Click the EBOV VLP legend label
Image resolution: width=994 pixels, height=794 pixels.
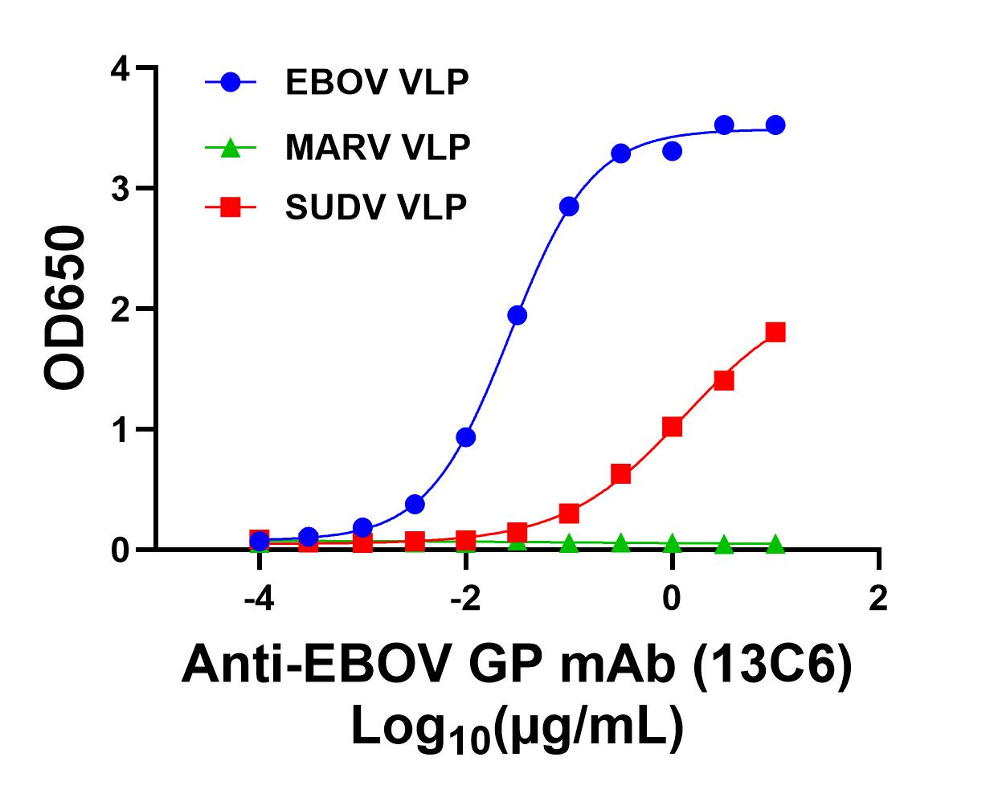[376, 83]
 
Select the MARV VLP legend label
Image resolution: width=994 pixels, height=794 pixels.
[377, 147]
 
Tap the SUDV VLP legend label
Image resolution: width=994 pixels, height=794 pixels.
[375, 208]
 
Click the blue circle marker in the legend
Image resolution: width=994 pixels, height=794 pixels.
[230, 82]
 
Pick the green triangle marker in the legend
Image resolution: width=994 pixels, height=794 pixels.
[230, 147]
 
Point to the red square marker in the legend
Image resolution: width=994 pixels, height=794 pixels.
[230, 208]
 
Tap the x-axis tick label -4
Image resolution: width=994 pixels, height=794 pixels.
[259, 598]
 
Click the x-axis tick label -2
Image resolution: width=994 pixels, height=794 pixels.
[465, 598]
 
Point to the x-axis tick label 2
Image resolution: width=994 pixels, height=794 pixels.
[879, 598]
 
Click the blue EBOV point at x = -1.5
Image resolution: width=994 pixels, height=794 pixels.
[517, 315]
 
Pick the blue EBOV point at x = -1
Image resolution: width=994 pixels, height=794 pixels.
[569, 207]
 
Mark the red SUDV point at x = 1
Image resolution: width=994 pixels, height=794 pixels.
[775, 332]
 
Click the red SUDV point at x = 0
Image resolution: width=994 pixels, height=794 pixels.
[673, 427]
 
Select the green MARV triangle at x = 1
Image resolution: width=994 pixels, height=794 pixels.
[775, 545]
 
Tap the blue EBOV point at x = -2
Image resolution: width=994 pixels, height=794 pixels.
[465, 437]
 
